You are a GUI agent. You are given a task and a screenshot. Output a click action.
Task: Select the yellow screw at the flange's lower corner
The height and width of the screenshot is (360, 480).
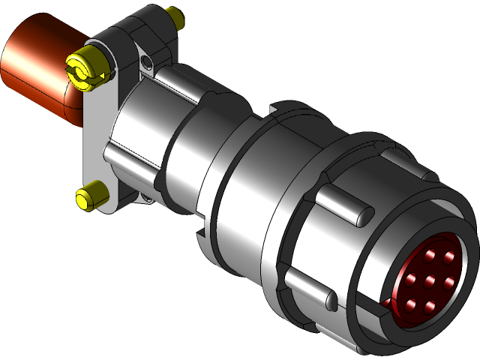[91, 196]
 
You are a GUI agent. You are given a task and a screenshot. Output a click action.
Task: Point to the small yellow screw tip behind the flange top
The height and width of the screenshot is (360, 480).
[175, 16]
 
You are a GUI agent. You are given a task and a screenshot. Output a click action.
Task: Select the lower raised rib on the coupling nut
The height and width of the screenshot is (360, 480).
[309, 289]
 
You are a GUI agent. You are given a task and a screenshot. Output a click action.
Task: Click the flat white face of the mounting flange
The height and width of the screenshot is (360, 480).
[96, 135]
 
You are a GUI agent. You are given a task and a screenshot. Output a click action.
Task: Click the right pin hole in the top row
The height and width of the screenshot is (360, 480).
[449, 257]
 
